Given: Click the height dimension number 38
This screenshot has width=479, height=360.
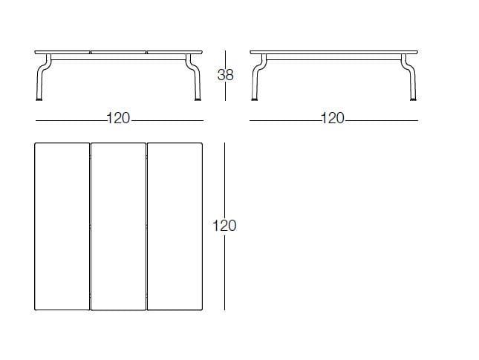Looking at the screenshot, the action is [x=226, y=75].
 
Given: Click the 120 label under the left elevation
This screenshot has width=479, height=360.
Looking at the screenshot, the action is [x=118, y=119].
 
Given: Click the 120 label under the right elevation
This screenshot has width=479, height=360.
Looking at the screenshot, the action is [x=333, y=119].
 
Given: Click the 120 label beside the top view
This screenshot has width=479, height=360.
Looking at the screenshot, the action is [x=224, y=226].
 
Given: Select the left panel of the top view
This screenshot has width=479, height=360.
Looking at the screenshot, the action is [x=62, y=226].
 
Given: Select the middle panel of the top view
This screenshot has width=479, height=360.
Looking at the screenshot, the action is [x=119, y=226].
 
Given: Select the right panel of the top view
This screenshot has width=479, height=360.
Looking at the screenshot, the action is [x=175, y=226].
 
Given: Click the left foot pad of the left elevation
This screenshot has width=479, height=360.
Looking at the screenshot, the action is [x=39, y=99].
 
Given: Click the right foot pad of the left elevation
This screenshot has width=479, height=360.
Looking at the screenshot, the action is [x=198, y=99].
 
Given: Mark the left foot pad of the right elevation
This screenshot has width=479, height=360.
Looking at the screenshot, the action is [x=254, y=99].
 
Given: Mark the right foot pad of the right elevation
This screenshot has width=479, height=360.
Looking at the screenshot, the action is [x=414, y=99].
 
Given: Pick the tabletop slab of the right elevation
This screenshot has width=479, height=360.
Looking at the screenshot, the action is [x=334, y=52].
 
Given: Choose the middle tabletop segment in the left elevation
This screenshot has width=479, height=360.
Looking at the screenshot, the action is [x=119, y=52].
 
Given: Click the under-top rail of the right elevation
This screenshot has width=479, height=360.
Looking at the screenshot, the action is [x=334, y=57].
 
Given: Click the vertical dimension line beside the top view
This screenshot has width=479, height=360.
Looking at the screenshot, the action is [x=225, y=226].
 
